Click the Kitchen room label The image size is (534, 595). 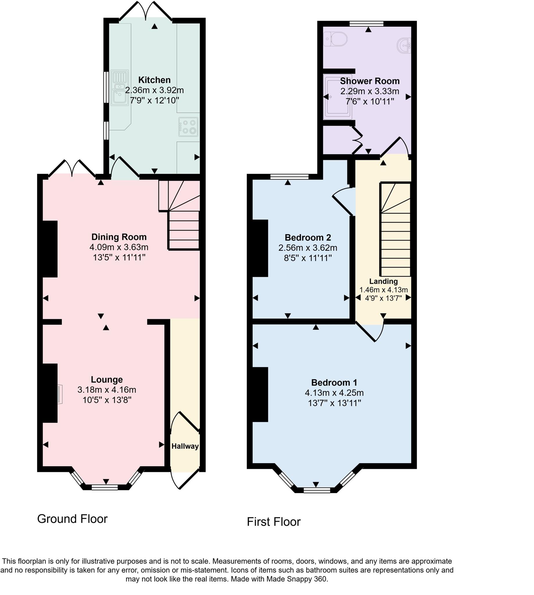pos(154,80)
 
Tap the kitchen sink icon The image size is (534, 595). pos(120,87)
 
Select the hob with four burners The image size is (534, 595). pos(188,127)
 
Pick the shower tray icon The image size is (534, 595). pos(337,97)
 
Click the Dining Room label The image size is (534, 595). pos(119,237)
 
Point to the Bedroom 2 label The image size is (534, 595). pos(308,237)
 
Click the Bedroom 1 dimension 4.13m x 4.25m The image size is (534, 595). pos(334,393)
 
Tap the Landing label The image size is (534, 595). pos(384,281)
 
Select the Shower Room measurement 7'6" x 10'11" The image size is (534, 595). pos(370,101)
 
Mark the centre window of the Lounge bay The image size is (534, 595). pos(105,487)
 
